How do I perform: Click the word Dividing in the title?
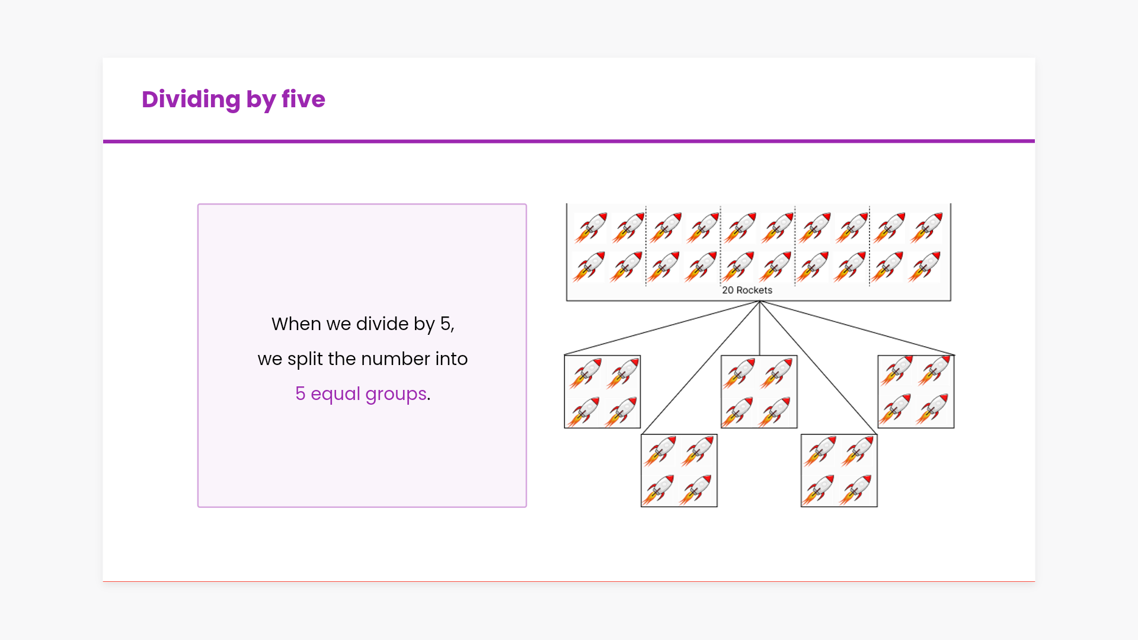191,99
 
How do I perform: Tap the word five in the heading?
303,99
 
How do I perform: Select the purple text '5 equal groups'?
361,394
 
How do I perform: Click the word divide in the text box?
382,324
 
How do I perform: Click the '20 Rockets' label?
747,290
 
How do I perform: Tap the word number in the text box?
396,359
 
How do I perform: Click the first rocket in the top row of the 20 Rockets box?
591,228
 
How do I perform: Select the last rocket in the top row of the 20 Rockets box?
926,228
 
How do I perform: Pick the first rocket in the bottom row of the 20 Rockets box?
589,266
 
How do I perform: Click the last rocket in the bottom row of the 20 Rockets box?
925,266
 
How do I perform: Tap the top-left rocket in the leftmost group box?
586,373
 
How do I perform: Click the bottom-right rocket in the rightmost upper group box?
934,409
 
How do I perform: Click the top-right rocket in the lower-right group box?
857,452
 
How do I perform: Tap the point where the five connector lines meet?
759,302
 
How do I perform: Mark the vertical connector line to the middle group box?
759,328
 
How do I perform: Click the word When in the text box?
296,324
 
